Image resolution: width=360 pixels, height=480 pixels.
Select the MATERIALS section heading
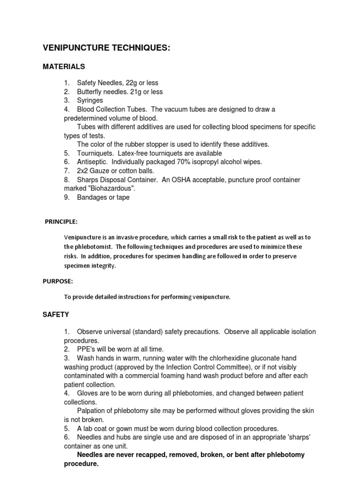[x=64, y=67]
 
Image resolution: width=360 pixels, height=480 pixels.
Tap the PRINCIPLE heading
[x=61, y=221]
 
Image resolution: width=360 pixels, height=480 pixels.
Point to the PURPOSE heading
[x=58, y=281]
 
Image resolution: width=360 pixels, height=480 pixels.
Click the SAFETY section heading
[x=56, y=315]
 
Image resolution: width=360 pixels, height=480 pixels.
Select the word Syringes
[x=90, y=100]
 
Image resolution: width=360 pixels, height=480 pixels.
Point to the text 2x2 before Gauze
[x=83, y=171]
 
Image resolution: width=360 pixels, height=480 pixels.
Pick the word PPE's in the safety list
[x=86, y=349]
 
